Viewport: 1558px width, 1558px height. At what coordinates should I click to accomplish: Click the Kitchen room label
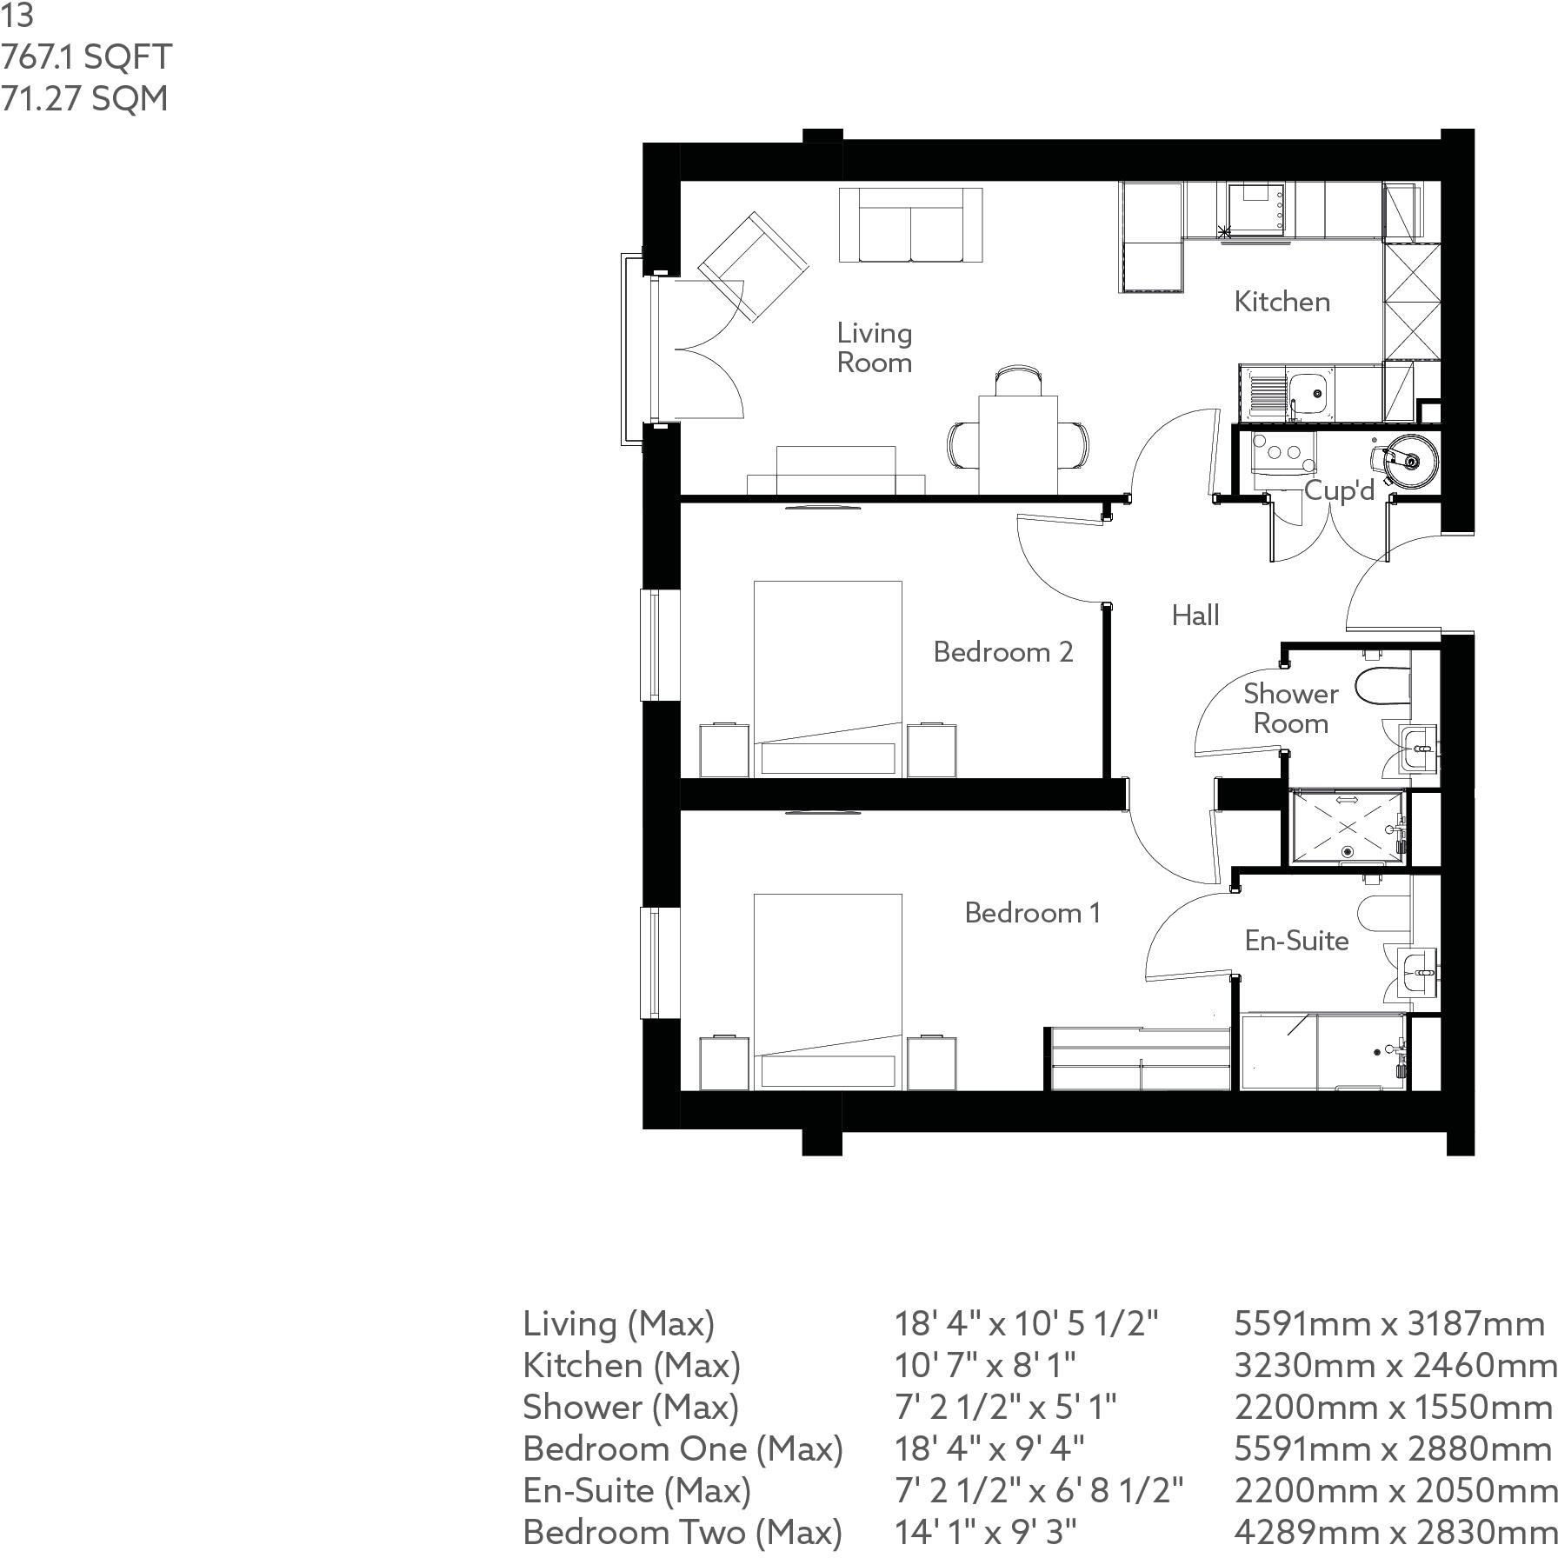[1282, 302]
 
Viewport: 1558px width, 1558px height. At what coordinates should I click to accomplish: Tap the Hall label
[1195, 616]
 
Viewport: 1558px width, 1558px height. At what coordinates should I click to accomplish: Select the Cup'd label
[1339, 490]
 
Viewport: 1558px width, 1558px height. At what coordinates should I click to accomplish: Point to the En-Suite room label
[1295, 940]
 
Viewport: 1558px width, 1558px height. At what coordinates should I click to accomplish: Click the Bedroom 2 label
[1002, 651]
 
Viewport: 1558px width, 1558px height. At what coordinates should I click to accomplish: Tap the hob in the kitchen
[1257, 209]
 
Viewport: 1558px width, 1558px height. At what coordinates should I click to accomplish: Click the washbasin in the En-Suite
[1419, 972]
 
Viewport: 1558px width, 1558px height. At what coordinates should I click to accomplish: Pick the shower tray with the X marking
[1346, 828]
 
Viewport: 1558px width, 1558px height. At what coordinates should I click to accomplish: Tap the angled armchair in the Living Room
[753, 267]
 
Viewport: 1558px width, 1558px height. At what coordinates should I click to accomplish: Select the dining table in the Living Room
[1018, 444]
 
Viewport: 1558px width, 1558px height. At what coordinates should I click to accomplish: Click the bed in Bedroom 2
[827, 678]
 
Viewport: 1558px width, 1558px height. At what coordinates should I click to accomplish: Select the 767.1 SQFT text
[86, 57]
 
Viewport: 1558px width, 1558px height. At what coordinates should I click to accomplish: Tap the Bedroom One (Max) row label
[682, 1448]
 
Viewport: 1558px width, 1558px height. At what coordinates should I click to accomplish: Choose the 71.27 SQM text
[84, 98]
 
